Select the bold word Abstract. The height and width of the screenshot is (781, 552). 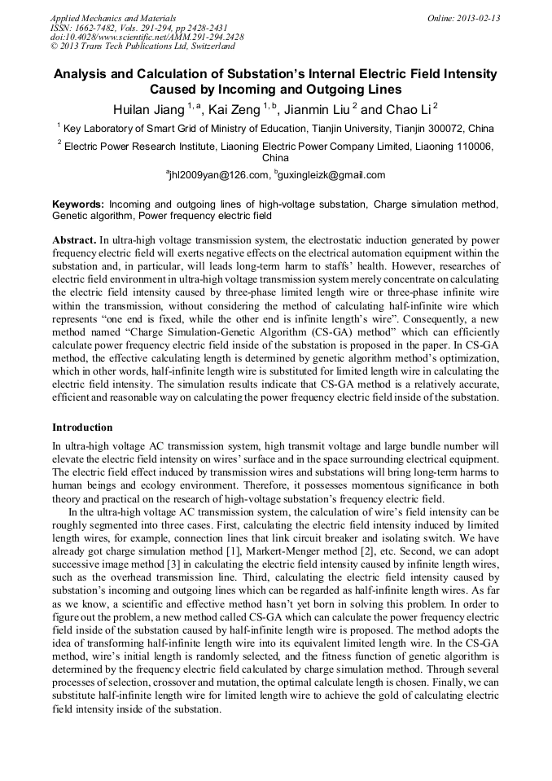tap(74, 241)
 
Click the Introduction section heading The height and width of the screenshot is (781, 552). tap(82, 428)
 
